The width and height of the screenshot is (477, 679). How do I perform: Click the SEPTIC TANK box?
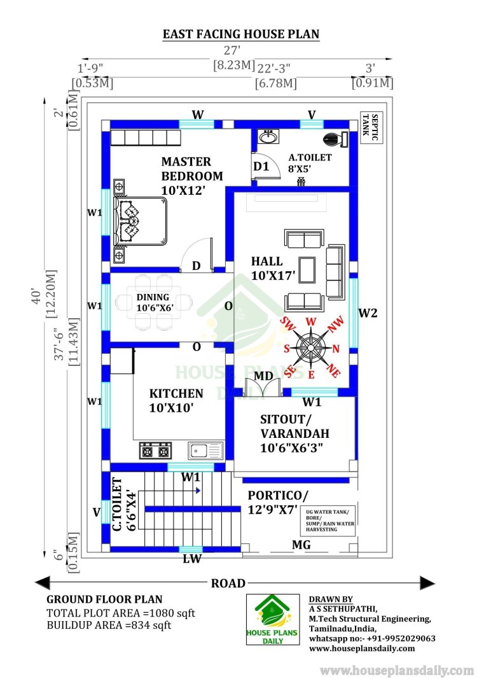click(371, 127)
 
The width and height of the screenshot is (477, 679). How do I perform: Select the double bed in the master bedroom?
click(140, 221)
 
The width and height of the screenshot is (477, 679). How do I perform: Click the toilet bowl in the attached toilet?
click(335, 139)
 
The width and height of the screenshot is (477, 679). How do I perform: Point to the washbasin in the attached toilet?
click(269, 137)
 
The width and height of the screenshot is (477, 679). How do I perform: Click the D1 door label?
click(261, 166)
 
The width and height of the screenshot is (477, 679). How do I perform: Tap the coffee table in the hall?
click(307, 270)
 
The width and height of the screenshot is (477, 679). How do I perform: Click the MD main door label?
click(263, 375)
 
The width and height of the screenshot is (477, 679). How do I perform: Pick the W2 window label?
click(368, 312)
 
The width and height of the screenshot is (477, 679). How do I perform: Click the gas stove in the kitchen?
click(155, 451)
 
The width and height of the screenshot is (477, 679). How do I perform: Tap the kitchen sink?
click(205, 451)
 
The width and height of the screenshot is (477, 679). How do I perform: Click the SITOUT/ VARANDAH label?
click(294, 433)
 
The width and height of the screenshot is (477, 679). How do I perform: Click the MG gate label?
click(301, 545)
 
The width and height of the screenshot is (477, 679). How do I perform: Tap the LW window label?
click(191, 559)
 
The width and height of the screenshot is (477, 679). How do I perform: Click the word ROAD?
click(228, 584)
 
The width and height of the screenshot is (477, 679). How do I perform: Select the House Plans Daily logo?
click(273, 620)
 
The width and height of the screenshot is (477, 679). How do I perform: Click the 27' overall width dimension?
click(232, 50)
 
